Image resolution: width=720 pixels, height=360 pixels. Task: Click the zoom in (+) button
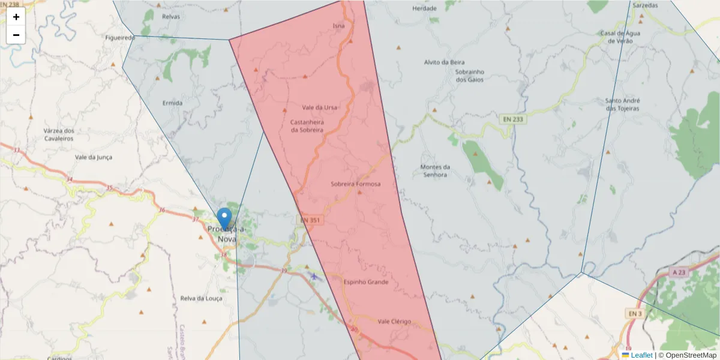pyautogui.click(x=16, y=17)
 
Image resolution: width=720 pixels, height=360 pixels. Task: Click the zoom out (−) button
pyautogui.click(x=16, y=35)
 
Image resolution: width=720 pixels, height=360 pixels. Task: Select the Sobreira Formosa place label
pyautogui.click(x=355, y=184)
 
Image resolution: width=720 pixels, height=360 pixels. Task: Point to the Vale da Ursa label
pyautogui.click(x=319, y=107)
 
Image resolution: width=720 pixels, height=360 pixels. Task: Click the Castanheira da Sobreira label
pyautogui.click(x=307, y=126)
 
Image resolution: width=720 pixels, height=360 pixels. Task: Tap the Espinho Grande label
pyautogui.click(x=366, y=282)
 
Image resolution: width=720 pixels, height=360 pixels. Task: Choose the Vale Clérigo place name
pyautogui.click(x=394, y=322)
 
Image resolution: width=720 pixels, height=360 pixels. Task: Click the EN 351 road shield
pyautogui.click(x=310, y=221)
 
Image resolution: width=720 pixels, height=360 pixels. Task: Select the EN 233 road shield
pyautogui.click(x=513, y=119)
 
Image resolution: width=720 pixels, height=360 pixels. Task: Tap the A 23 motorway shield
pyautogui.click(x=679, y=272)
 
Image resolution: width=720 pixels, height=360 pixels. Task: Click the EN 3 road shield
pyautogui.click(x=635, y=313)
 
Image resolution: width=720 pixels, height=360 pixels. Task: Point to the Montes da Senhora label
pyautogui.click(x=434, y=171)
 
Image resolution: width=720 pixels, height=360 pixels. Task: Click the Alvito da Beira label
pyautogui.click(x=445, y=62)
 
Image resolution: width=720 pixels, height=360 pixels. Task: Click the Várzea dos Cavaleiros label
pyautogui.click(x=59, y=134)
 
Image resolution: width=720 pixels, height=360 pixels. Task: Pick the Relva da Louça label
pyautogui.click(x=201, y=298)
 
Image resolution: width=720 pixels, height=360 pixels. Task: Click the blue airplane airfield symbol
pyautogui.click(x=314, y=276)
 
